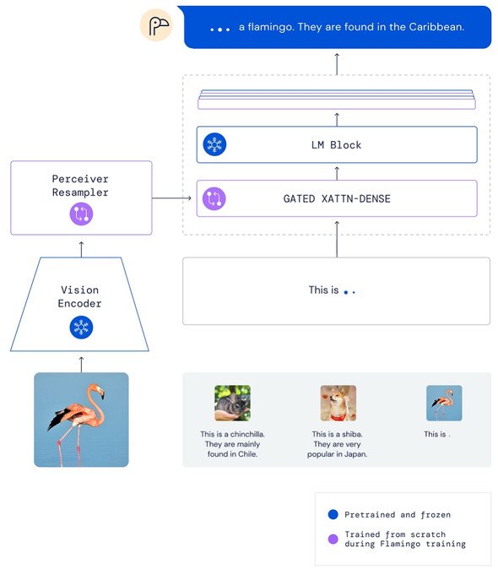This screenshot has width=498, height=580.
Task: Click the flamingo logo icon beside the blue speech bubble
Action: click(156, 25)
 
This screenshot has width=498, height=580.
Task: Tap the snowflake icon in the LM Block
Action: click(214, 144)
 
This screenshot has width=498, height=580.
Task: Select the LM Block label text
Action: click(336, 144)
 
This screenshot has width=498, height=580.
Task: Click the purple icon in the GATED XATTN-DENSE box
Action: click(214, 198)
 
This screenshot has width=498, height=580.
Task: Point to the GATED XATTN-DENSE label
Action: click(337, 198)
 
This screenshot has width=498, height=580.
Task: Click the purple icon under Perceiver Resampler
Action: click(81, 214)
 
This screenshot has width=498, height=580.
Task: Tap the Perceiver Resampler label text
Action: click(80, 186)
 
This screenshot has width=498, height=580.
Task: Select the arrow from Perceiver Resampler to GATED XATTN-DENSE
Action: click(171, 198)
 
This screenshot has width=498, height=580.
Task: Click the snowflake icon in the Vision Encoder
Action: click(81, 328)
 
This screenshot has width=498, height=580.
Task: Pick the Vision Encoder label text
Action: click(79, 296)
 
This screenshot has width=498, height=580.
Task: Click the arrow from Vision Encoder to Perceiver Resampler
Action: click(81, 249)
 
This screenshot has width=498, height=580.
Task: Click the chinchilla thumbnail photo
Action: click(233, 403)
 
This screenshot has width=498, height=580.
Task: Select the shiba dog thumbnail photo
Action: click(338, 403)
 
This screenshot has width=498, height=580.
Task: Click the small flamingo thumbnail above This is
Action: click(444, 403)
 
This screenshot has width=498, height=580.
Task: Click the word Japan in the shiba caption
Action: click(355, 454)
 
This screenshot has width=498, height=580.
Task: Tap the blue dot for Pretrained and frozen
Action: click(333, 514)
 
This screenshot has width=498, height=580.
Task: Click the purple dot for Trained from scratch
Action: click(333, 539)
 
